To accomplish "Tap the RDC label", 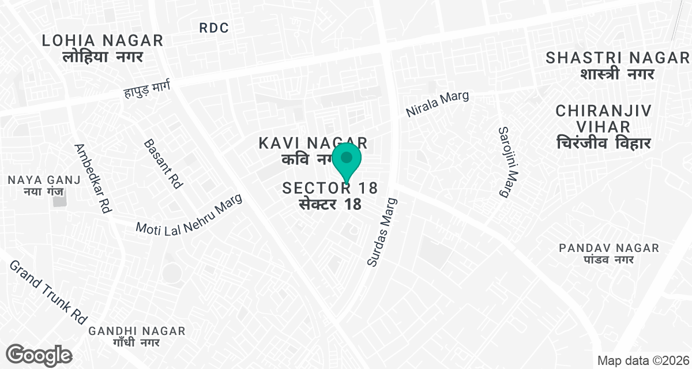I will pyautogui.click(x=214, y=28).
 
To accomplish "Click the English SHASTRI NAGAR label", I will pyautogui.click(x=617, y=58).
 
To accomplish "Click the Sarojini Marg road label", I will pyautogui.click(x=504, y=162).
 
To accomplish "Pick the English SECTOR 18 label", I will pyautogui.click(x=330, y=188).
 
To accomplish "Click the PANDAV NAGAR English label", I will pyautogui.click(x=609, y=248).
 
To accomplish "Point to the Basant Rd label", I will pyautogui.click(x=163, y=164).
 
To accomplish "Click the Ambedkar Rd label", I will pyautogui.click(x=92, y=179).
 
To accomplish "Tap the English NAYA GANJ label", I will pyautogui.click(x=43, y=179).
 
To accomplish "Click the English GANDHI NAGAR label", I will pyautogui.click(x=137, y=331).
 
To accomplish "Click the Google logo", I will pyautogui.click(x=39, y=355).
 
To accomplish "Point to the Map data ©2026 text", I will pyautogui.click(x=643, y=361).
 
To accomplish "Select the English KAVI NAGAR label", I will pyautogui.click(x=313, y=142).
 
